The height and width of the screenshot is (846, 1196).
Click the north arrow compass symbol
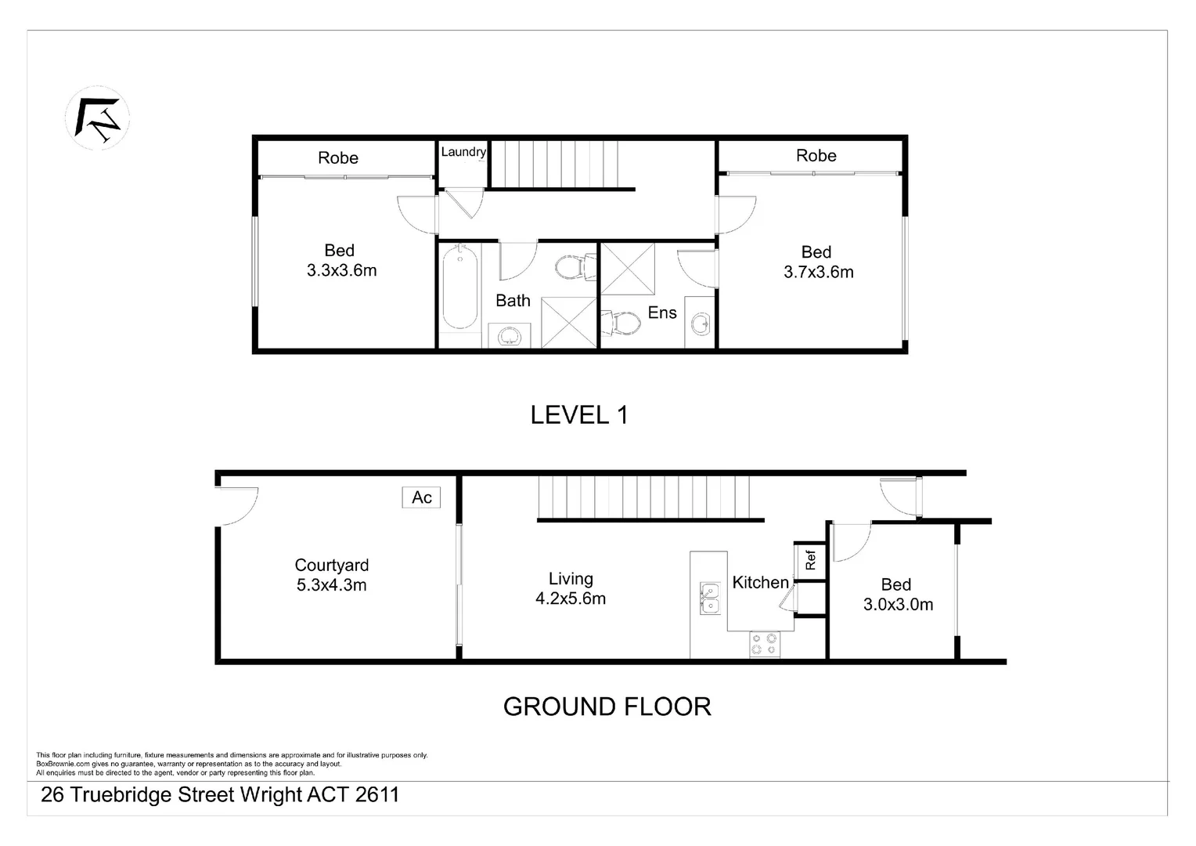97,118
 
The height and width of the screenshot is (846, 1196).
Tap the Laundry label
463,152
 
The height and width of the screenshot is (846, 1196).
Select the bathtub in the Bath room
459,287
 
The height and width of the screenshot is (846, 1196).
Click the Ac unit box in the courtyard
422,497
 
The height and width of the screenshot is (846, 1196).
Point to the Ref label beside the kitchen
811,560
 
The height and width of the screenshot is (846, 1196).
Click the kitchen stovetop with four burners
765,644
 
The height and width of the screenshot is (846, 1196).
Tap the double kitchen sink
710,598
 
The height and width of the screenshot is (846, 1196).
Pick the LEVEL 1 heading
579,415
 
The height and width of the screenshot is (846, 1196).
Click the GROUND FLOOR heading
607,707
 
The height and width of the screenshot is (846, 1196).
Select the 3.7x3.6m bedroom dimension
819,273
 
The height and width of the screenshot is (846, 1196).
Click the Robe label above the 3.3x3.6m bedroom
338,158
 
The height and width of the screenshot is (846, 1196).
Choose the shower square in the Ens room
627,269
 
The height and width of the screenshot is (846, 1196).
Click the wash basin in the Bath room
510,336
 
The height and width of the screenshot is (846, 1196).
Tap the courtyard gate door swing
236,505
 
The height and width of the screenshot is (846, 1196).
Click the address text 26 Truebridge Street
220,795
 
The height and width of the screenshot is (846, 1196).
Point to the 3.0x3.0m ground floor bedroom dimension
898,605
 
